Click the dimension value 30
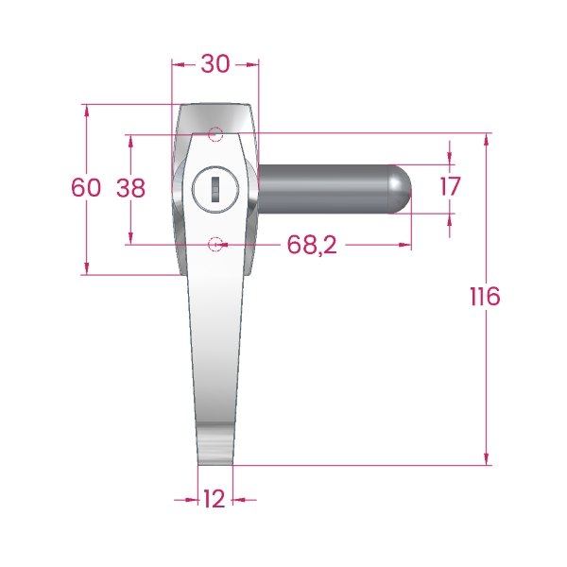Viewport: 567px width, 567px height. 215,64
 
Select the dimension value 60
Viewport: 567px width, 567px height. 86,188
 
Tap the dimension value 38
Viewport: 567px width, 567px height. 130,188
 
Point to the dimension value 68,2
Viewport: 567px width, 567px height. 312,245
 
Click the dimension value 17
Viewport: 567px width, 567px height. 450,186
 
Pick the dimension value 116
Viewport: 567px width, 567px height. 486,296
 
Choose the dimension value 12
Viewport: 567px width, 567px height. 215,499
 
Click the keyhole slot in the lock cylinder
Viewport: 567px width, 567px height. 215,189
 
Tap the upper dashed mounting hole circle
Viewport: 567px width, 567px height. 215,134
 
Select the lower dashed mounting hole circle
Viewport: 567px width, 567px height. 215,245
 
